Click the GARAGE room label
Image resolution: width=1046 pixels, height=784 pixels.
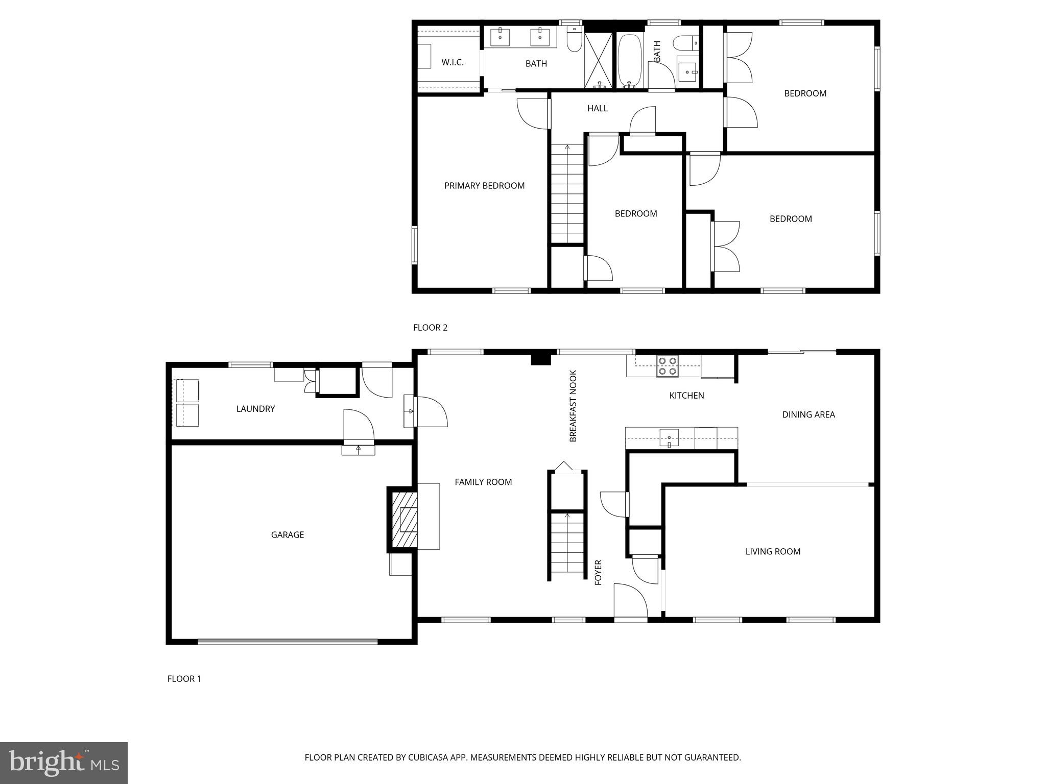(287, 534)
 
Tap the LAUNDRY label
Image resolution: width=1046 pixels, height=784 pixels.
(255, 408)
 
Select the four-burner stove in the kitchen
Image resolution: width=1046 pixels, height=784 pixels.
(668, 366)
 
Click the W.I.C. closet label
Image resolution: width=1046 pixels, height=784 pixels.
(453, 62)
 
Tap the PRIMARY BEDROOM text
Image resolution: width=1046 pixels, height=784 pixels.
(484, 185)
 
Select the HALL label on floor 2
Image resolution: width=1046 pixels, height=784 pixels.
(597, 108)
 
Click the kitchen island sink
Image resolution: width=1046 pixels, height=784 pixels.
(669, 438)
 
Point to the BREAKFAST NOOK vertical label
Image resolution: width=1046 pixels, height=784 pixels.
(573, 406)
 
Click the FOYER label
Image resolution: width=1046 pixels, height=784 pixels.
(598, 572)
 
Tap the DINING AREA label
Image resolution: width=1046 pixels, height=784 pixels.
(808, 414)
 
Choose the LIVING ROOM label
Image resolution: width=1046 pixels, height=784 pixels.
(772, 551)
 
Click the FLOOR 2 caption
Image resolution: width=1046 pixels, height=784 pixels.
(430, 327)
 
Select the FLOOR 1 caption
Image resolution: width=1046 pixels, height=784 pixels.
(184, 678)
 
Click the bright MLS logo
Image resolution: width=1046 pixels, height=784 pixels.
(63, 763)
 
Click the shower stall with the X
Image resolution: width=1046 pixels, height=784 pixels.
(598, 60)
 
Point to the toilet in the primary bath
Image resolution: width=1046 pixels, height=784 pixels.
(575, 40)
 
